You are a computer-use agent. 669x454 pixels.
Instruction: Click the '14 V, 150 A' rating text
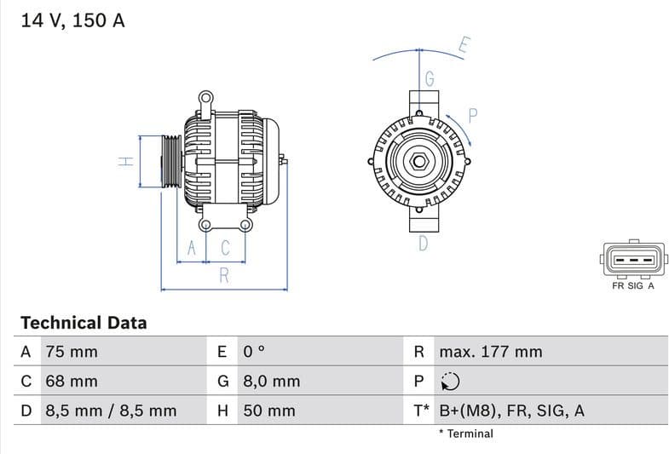72,20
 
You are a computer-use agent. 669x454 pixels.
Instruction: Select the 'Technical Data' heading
84,323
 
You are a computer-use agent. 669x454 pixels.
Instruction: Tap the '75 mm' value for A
71,352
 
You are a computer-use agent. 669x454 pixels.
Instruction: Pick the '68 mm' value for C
71,381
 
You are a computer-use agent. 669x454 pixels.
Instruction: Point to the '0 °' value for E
255,352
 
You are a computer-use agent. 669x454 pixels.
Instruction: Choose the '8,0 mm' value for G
272,381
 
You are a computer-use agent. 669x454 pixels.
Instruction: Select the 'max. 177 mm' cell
490,352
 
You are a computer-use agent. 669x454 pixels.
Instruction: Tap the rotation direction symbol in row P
450,382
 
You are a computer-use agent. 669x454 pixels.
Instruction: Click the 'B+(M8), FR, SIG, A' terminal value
511,411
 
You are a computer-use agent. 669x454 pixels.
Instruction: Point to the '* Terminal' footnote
465,434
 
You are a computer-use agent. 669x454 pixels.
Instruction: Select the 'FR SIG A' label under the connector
632,286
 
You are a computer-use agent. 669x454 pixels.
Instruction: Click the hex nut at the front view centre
420,161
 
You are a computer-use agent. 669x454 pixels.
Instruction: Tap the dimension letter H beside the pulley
124,161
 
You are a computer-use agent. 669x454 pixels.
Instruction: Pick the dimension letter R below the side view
224,275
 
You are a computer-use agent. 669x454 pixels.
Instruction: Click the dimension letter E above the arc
464,46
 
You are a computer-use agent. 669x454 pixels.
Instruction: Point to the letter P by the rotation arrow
473,115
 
